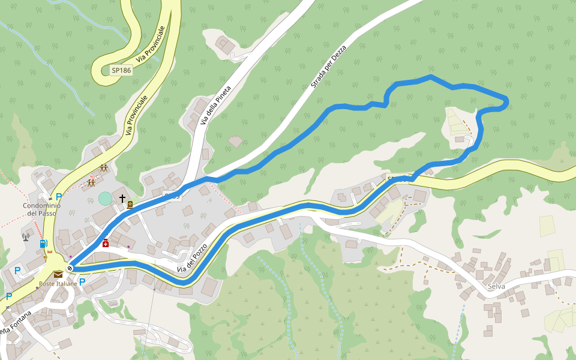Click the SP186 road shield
click(121, 70)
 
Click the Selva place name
click(496, 286)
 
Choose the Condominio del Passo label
click(41, 209)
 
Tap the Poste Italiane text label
click(58, 284)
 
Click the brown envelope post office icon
click(58, 275)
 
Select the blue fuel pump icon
click(44, 244)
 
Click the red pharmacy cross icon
click(106, 243)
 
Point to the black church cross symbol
click(122, 198)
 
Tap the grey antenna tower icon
click(26, 237)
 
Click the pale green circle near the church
click(105, 198)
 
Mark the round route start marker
click(70, 268)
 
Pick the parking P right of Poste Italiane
click(82, 281)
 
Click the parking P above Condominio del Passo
click(59, 196)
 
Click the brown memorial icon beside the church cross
click(130, 205)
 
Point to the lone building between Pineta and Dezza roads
click(236, 142)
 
